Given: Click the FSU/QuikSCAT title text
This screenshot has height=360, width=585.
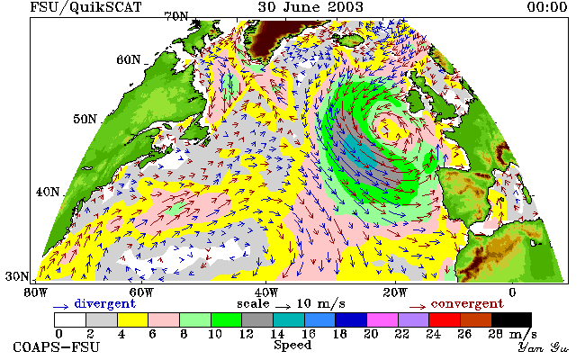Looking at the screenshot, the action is coord(85,7).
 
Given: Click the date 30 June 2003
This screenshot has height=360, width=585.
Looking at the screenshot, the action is coord(310,6).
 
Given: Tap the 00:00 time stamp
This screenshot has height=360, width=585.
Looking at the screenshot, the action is coord(547,6).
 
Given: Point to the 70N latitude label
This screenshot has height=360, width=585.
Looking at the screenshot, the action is coord(176,16).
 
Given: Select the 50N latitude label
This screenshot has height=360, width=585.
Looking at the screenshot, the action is coord(85,119).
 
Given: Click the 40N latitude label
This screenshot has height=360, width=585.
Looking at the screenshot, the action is coord(48,192).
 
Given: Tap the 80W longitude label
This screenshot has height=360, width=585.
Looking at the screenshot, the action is coord(35,292).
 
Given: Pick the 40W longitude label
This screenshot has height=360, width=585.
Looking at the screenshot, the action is coord(266,292).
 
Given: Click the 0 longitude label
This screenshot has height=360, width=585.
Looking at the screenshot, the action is coord(512,292).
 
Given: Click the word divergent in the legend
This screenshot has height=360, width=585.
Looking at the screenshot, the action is coord(104,303).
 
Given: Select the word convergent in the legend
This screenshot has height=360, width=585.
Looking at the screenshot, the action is coord(467,303).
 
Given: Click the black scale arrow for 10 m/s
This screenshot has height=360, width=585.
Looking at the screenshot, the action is coord(283,307).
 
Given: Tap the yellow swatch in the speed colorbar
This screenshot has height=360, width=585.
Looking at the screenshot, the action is coord(132,320).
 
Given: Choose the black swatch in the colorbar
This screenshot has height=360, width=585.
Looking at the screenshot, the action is coord(511,320).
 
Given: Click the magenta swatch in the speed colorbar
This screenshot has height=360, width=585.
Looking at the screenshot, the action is coord(382,320).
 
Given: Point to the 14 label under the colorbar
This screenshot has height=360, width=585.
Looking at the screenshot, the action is coord(277,334).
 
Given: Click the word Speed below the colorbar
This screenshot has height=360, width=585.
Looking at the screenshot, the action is coord(292,345).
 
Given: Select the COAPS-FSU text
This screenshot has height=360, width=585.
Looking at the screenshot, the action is coord(57,347).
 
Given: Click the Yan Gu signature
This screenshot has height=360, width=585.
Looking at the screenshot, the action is coord(544,347).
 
